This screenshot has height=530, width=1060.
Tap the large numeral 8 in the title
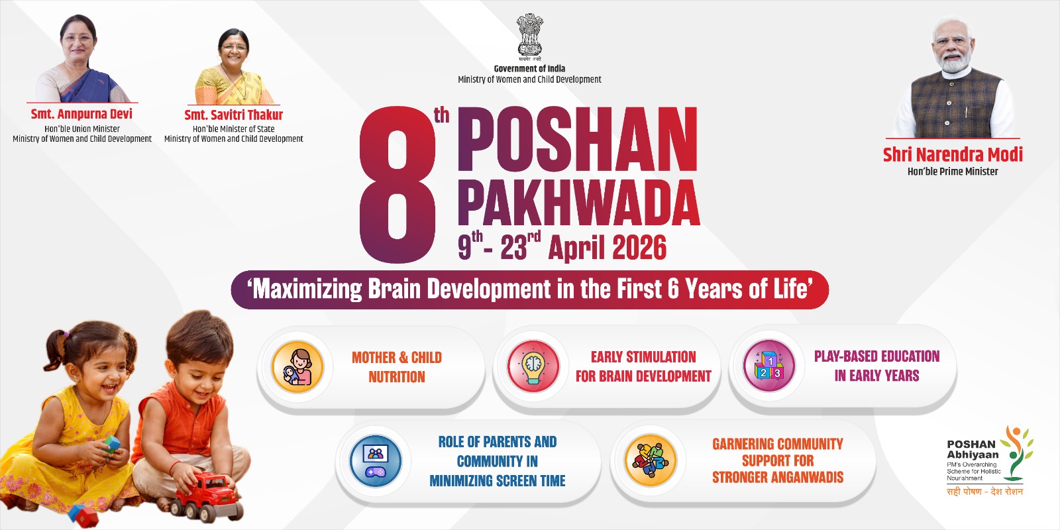click(x=397, y=185)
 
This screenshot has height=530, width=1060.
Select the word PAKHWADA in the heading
click(x=579, y=203)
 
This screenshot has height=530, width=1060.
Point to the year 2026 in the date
click(x=639, y=248)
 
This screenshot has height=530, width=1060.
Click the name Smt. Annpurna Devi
click(x=81, y=114)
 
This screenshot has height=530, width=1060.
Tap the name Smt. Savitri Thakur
click(x=233, y=115)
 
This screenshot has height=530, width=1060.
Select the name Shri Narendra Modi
click(x=953, y=155)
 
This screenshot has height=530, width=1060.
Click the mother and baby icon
click(x=297, y=366)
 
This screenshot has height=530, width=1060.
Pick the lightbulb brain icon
click(x=534, y=366)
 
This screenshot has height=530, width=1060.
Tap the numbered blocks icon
click(x=769, y=365)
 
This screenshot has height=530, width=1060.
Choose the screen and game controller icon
click(x=376, y=461)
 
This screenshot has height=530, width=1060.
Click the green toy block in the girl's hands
click(x=112, y=444)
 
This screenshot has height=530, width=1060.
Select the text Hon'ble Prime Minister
click(x=953, y=172)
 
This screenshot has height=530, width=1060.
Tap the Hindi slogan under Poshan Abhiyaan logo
click(x=984, y=492)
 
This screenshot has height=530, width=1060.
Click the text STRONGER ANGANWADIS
click(x=778, y=478)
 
